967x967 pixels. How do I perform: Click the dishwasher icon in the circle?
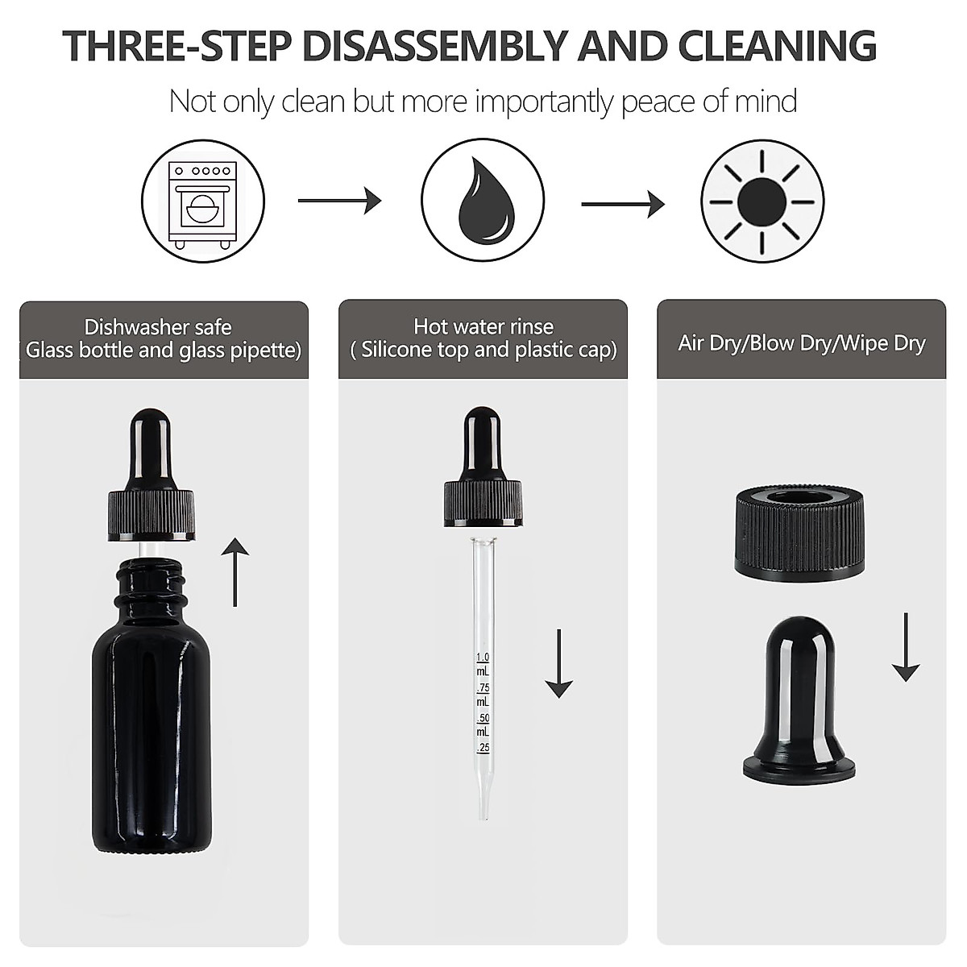(x=203, y=201)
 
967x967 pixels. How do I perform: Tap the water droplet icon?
(x=483, y=201)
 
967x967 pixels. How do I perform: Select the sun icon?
(x=762, y=201)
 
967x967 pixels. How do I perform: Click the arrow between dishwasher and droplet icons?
(x=339, y=200)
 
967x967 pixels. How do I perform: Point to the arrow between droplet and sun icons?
(x=623, y=204)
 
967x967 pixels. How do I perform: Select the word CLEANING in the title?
(x=778, y=45)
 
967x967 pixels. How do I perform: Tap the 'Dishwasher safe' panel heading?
(x=158, y=327)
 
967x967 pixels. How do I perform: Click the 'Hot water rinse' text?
(x=483, y=326)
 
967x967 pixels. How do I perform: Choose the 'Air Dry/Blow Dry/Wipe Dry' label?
(x=801, y=342)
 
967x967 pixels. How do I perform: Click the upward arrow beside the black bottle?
(x=235, y=572)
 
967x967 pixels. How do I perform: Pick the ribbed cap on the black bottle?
(x=152, y=516)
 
